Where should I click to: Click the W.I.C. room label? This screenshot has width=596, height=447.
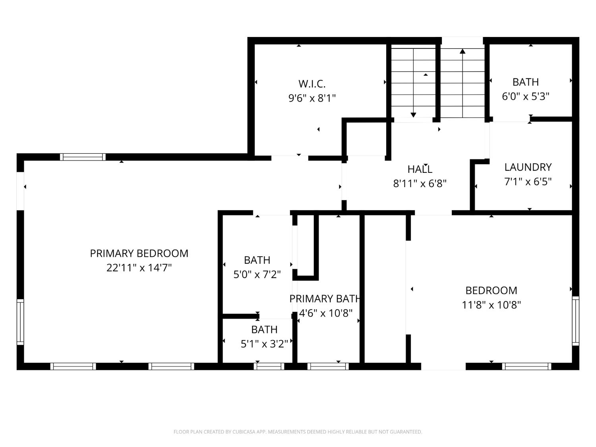(x=312, y=84)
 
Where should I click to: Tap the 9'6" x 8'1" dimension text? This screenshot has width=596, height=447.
(x=312, y=98)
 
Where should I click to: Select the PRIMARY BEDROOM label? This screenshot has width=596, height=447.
(x=139, y=253)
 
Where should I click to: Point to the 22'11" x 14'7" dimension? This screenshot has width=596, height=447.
(x=139, y=268)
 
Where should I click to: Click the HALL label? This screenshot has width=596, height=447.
(x=420, y=169)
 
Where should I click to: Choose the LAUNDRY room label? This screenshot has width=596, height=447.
(x=528, y=167)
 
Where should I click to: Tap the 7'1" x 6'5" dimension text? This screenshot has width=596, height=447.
(x=528, y=182)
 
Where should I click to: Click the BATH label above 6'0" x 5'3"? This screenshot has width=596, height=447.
(x=525, y=82)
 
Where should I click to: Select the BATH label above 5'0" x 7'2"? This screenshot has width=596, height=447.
(x=257, y=260)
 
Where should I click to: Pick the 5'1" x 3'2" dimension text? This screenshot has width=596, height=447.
(x=264, y=344)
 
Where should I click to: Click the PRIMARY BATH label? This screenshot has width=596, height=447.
(x=325, y=299)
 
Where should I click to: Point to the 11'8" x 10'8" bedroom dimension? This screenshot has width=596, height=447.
(x=491, y=305)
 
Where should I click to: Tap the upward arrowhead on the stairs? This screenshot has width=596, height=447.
(x=462, y=51)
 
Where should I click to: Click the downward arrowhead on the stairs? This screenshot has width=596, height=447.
(x=413, y=115)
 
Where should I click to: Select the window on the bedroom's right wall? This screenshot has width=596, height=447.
(x=575, y=321)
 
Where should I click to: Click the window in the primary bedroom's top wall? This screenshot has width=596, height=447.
(x=83, y=157)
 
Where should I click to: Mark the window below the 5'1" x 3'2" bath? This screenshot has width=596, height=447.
(x=269, y=366)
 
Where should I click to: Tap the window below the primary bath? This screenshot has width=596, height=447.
(x=328, y=366)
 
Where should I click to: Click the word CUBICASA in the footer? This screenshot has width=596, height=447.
(x=243, y=432)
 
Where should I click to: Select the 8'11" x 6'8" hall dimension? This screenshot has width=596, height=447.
(x=420, y=184)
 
